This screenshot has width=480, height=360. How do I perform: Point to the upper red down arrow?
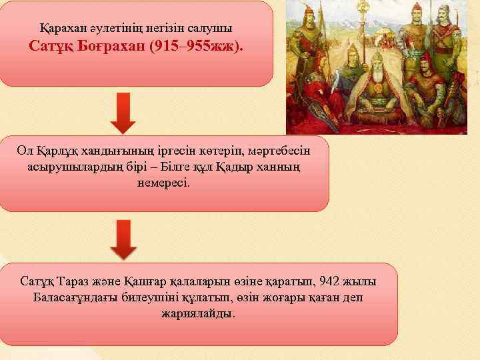coord(123,113)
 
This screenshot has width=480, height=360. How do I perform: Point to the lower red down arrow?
coord(123,239)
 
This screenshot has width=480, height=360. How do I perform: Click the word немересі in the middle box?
coord(163,182)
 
